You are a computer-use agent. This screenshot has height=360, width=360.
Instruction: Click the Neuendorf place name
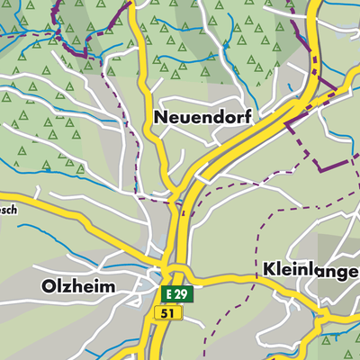point(201,118)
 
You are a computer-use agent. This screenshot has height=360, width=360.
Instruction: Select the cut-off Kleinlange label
point(310,269)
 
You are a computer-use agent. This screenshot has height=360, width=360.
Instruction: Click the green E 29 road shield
point(177,294)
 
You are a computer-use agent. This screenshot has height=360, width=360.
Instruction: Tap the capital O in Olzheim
point(49,286)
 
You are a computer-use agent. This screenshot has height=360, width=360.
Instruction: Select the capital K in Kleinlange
point(269,269)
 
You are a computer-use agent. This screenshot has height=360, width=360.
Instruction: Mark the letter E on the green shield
point(169,294)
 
